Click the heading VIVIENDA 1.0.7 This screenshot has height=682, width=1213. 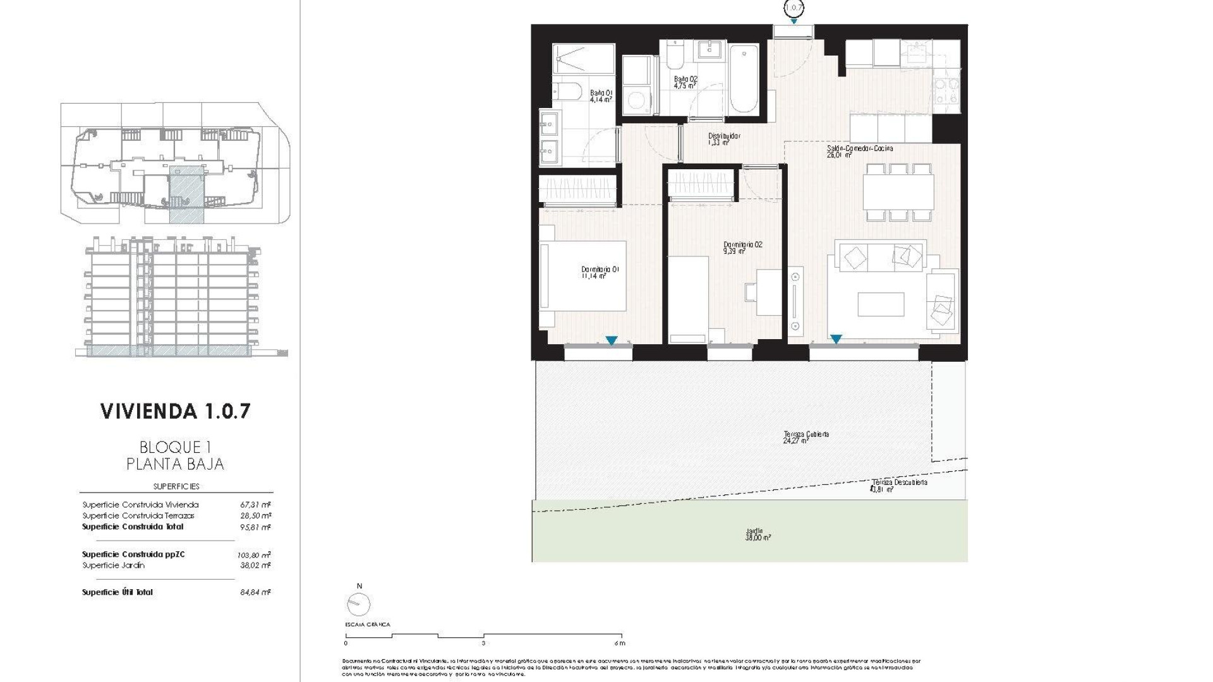[x=176, y=411]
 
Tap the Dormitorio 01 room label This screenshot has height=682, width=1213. [x=600, y=272]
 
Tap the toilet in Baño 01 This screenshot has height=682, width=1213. [x=567, y=92]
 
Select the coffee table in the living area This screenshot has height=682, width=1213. [x=881, y=304]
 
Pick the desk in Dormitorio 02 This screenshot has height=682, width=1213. [x=768, y=292]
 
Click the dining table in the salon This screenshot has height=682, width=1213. [x=898, y=193]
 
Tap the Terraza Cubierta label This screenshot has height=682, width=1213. [x=806, y=437]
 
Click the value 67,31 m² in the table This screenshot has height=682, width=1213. [x=255, y=505]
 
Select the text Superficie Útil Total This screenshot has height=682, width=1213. [x=118, y=592]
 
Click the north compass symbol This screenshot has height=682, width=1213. [x=358, y=604]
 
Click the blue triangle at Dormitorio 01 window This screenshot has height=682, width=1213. [x=611, y=341]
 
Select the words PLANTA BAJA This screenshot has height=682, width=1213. [x=175, y=464]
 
